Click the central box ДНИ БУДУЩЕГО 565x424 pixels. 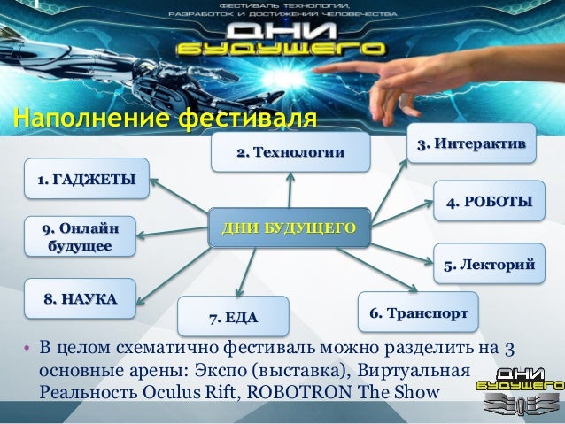pyautogui.click(x=288, y=229)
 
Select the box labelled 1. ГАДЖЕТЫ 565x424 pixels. pyautogui.click(x=86, y=181)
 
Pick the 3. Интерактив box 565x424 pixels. pyautogui.click(x=470, y=143)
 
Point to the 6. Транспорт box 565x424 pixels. pyautogui.click(x=418, y=313)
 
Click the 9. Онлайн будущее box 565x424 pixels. pyautogui.click(x=79, y=236)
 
